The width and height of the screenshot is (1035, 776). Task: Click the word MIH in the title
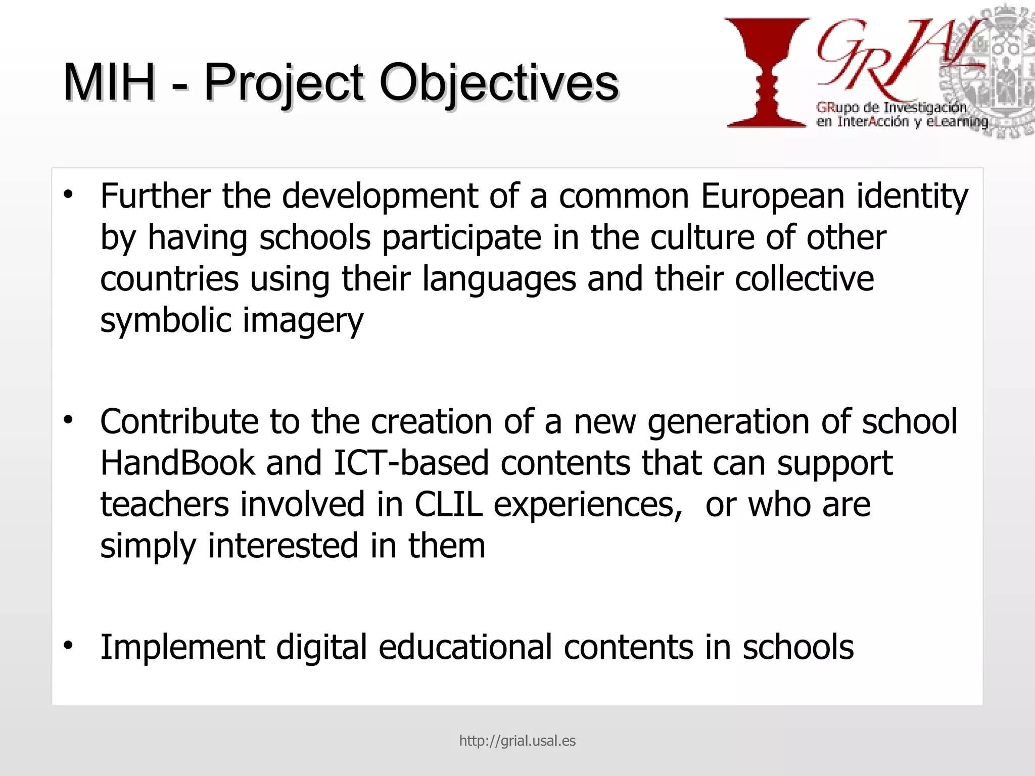pos(109,82)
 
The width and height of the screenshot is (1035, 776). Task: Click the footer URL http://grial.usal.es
pos(517,741)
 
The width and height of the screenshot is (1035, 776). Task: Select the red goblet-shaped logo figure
pos(767,72)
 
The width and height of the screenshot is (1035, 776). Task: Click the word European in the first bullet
pos(772,196)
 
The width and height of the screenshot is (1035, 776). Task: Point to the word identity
pos(912,197)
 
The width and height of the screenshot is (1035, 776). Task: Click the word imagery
pos(303,321)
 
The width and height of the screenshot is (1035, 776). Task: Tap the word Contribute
pos(179,421)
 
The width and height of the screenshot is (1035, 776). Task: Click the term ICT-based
pos(411,463)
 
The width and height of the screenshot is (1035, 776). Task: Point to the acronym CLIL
pos(448,504)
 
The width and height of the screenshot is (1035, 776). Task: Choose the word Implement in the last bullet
pos(182,647)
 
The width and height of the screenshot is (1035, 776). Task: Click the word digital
pos(321,647)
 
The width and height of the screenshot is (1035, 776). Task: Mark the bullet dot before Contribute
pos(69,420)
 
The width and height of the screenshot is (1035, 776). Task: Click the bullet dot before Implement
pos(69,646)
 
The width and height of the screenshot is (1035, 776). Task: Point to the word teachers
pos(164,504)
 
